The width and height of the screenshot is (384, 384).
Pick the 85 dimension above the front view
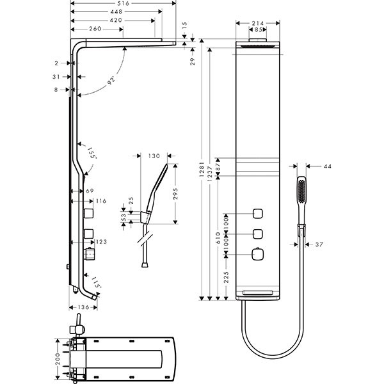click(x=258, y=29)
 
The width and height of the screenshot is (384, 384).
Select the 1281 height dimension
click(x=202, y=170)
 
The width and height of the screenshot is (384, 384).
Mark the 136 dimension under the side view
click(x=83, y=308)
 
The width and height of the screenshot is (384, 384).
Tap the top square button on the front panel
click(x=259, y=213)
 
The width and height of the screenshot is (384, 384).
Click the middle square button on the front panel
click(x=259, y=234)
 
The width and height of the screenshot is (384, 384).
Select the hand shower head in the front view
click(x=301, y=190)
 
